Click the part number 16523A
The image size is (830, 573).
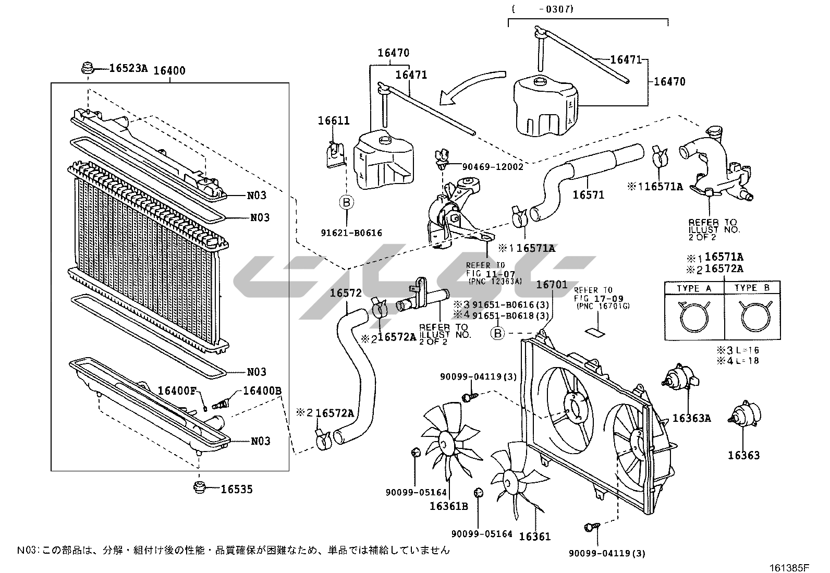click(x=128, y=68)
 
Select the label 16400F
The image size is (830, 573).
click(x=177, y=391)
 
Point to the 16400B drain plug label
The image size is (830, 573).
click(x=263, y=391)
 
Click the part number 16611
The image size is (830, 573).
click(x=334, y=121)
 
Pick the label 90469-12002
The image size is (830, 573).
click(x=492, y=167)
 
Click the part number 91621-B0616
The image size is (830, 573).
click(x=351, y=233)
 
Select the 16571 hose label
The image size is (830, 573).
click(x=588, y=194)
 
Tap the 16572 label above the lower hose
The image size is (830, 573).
click(x=345, y=293)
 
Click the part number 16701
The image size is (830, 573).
click(x=552, y=284)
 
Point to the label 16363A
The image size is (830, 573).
click(x=692, y=418)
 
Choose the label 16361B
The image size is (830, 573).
click(x=449, y=506)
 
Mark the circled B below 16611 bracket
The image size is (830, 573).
click(x=347, y=202)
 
